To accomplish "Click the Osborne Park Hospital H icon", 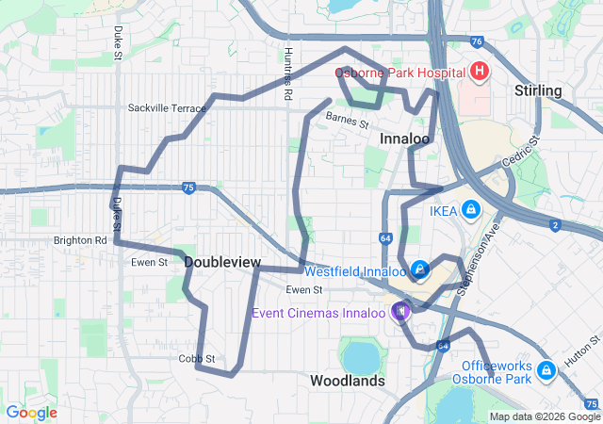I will (479, 72).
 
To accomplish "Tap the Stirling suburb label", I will (538, 90).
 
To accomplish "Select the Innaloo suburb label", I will (405, 139).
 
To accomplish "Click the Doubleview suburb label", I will (222, 261).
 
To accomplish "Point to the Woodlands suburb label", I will (348, 381).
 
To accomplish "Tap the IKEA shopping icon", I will (470, 210).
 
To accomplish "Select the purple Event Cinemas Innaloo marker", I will (402, 311).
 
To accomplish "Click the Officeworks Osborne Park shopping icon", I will (545, 371).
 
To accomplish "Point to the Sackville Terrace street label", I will (167, 108).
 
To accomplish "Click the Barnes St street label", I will (347, 121).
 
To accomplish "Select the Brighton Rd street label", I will (80, 240).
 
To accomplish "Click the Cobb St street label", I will (197, 358).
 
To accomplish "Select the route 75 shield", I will (188, 188).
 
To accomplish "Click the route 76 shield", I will (477, 41).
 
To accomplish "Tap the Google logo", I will (31, 412).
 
